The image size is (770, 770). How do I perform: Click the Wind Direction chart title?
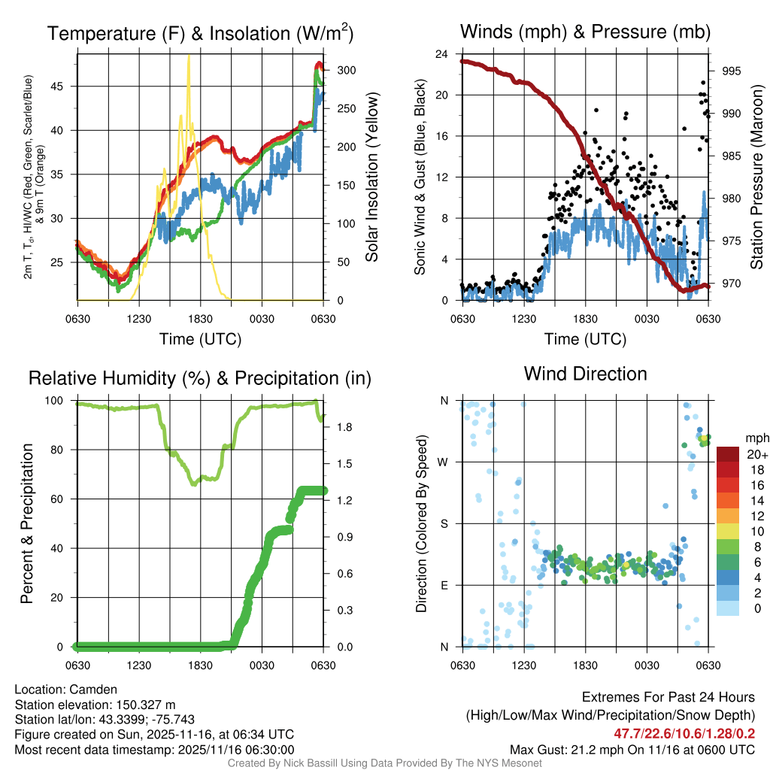pos(585,374)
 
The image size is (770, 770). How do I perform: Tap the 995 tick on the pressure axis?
pos(732,71)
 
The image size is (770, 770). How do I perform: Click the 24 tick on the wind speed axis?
pos(442,54)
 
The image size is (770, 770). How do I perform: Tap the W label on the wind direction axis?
pos(444,462)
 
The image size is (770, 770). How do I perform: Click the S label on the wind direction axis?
pos(444,523)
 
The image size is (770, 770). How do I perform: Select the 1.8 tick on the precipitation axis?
pos(341,426)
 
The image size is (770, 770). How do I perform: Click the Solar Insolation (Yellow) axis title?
pos(371,177)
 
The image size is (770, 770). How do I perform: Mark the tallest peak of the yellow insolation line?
pos(188,56)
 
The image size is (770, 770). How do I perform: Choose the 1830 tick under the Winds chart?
pos(585,319)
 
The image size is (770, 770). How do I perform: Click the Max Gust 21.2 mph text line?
pos(632,749)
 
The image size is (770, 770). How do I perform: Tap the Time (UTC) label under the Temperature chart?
pos(200,339)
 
